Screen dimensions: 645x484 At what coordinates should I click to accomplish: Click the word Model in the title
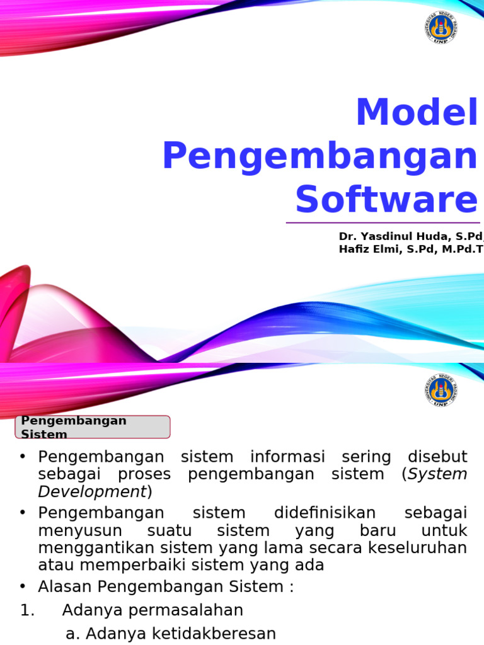coord(417,113)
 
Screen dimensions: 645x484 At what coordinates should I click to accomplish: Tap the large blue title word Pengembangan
coord(320,156)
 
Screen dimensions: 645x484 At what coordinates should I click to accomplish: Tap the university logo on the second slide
coord(441,391)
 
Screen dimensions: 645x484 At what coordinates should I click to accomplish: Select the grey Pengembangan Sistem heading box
coord(93,427)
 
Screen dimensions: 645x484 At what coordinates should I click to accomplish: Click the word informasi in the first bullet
coord(287,457)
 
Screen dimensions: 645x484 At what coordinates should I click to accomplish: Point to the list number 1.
coord(26,610)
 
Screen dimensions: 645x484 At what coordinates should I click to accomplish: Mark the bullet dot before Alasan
coord(23,586)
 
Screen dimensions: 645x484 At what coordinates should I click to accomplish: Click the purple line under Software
coord(383,222)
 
